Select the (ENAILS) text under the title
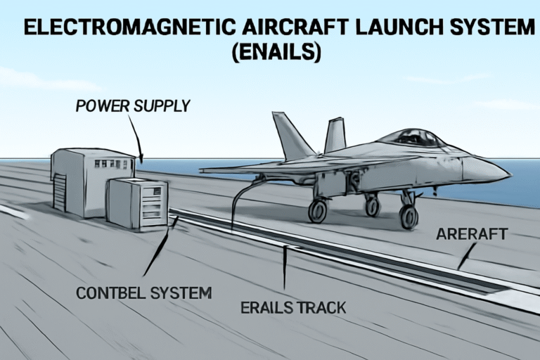click(x=276, y=52)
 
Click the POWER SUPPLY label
click(x=133, y=105)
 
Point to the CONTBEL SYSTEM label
click(x=144, y=293)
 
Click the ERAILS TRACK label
click(x=293, y=308)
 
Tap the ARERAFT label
click(x=472, y=234)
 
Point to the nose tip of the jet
click(x=510, y=174)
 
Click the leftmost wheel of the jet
click(x=318, y=211)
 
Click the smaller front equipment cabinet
click(x=137, y=202)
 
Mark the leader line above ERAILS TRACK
click(x=285, y=267)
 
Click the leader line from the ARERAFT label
click(x=467, y=256)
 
